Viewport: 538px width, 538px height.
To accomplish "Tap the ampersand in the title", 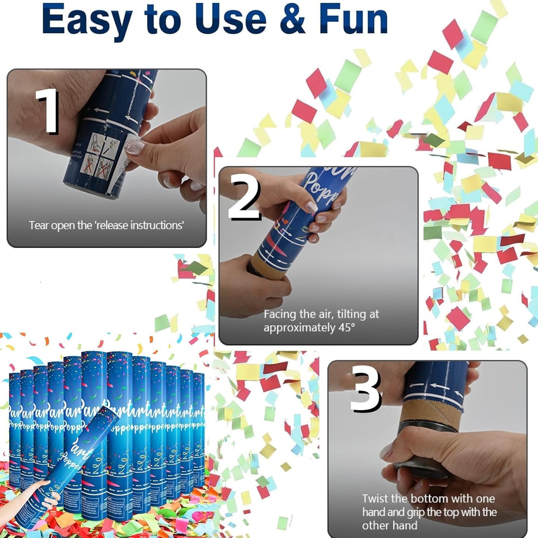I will click(x=293, y=19).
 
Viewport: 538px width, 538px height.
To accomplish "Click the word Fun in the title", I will click(x=353, y=19).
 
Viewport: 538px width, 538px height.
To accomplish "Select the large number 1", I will click(x=48, y=111).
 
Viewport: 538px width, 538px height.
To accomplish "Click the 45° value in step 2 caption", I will click(x=347, y=328).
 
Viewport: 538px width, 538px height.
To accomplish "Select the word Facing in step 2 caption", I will click(x=280, y=315).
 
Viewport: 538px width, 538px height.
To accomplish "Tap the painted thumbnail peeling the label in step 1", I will click(x=135, y=146).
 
